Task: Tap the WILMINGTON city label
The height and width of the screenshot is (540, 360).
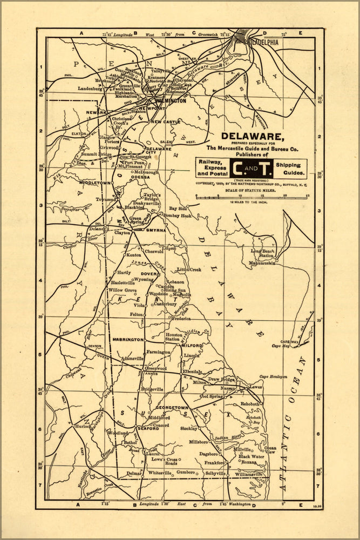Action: coord(171,101)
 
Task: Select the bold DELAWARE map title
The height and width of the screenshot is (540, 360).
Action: coord(253,136)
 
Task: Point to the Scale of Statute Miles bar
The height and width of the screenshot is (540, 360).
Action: coord(252,197)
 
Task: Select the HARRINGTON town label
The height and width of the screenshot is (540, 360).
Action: coord(128,340)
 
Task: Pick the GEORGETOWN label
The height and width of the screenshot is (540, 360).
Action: coord(172,408)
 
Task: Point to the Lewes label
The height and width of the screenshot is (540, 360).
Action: coord(256,387)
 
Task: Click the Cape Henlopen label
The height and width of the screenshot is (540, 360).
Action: coord(272,377)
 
